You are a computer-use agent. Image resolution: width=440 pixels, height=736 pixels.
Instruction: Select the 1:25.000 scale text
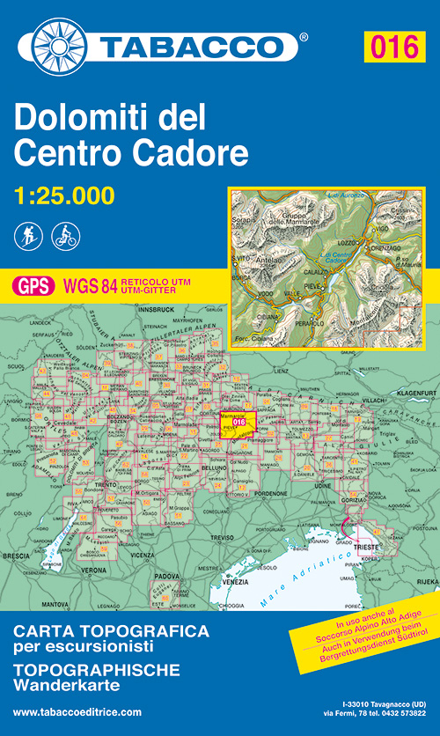[x=64, y=195]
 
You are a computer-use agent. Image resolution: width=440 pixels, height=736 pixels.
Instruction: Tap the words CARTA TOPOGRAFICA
[x=112, y=632]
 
